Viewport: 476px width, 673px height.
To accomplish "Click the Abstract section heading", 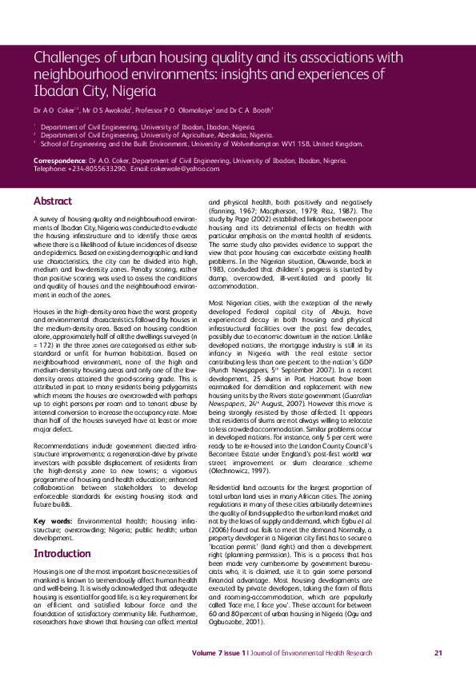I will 52,201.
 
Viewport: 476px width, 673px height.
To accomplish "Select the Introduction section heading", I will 62,552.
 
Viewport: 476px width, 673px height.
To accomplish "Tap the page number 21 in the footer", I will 438,653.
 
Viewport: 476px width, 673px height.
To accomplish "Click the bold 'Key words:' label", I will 50,521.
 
